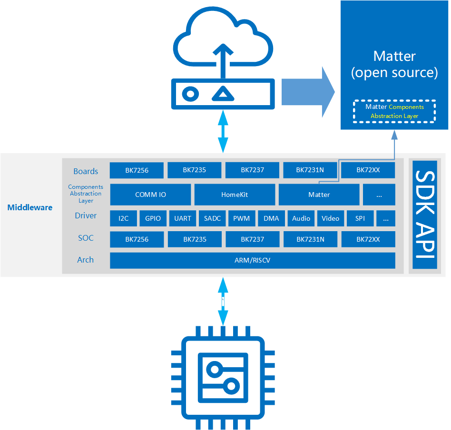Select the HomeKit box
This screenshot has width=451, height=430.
coord(235,195)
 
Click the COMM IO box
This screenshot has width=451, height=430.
coord(150,195)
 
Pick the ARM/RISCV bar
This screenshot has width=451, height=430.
coord(252,260)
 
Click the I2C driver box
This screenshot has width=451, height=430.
coord(123,218)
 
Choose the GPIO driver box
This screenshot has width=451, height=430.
coord(153,218)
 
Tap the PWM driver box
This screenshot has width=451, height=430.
coord(242,218)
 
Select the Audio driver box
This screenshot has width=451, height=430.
coord(301,218)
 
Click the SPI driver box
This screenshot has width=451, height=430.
coord(360,218)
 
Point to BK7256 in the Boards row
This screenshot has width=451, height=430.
coord(137,170)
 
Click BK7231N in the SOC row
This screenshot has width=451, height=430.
coord(310,239)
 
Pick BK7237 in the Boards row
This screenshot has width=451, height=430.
coord(252,170)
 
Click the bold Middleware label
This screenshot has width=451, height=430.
coord(30,207)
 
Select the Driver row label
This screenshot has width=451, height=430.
coord(86,215)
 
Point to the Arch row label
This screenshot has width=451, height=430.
coord(86,260)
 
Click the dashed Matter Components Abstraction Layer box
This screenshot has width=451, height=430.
coord(394,111)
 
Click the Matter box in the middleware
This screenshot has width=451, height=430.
coord(319,195)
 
